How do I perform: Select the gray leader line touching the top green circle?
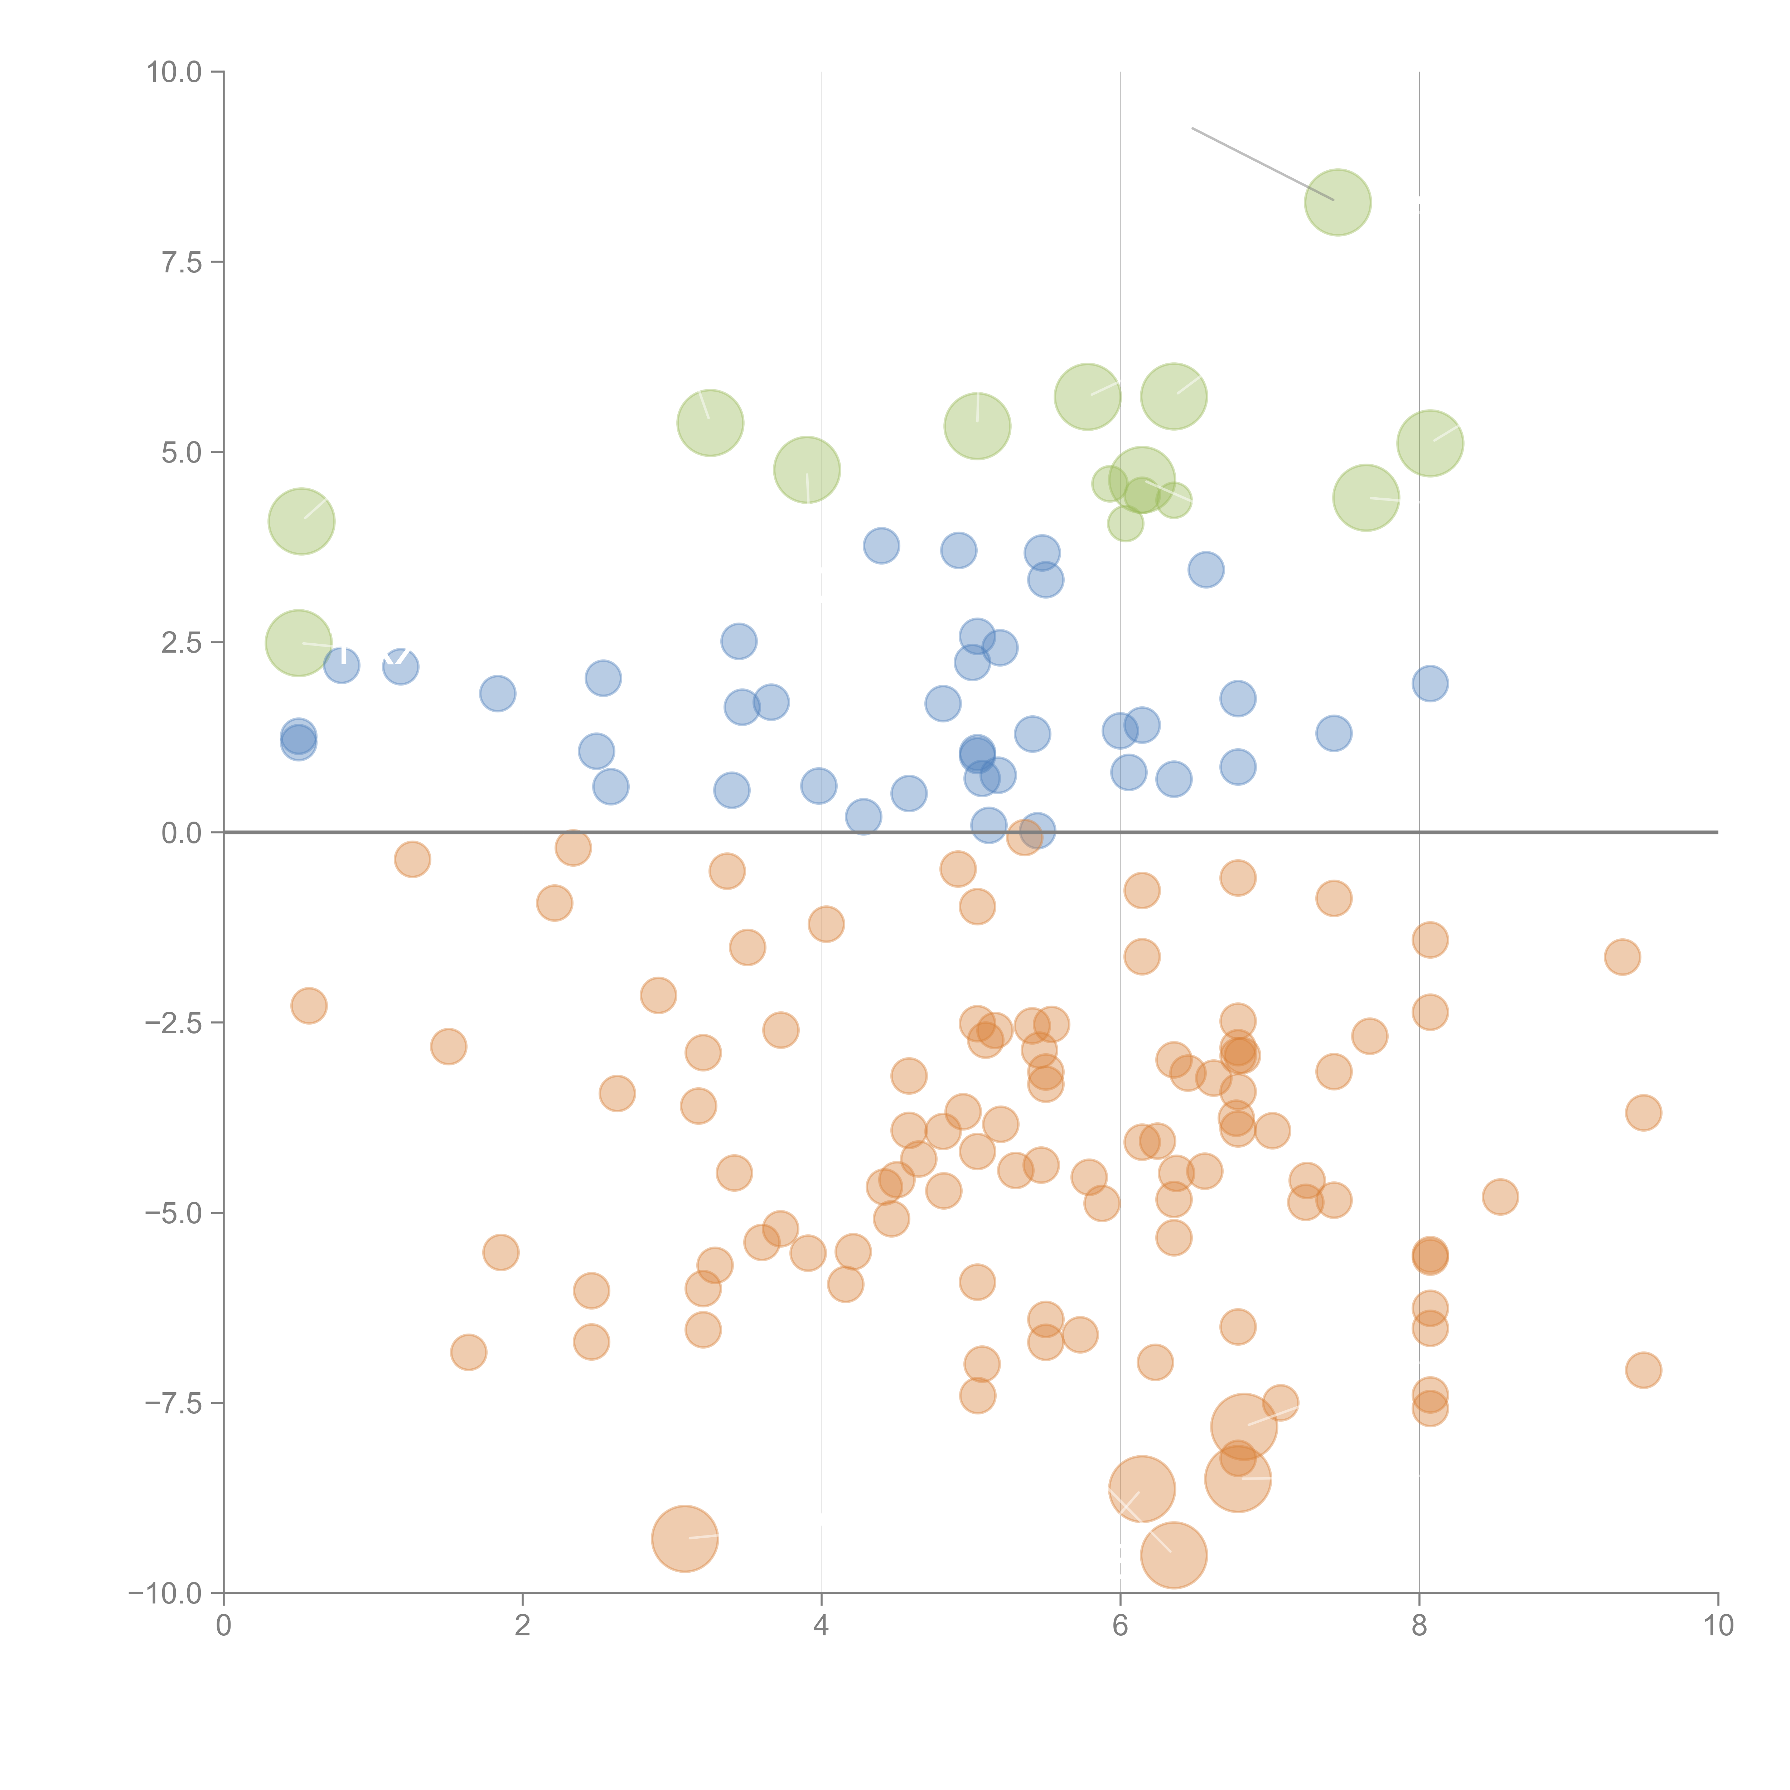pos(1262,163)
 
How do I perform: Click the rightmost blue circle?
pos(1429,684)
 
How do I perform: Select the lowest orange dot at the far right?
pos(1643,1370)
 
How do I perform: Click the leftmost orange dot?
pos(309,1005)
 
